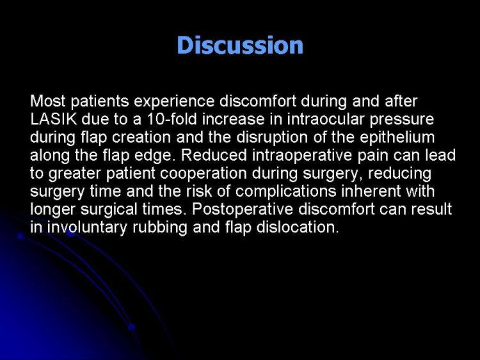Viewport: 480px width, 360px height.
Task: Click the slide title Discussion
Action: (x=240, y=45)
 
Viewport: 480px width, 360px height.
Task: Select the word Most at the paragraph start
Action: (x=48, y=101)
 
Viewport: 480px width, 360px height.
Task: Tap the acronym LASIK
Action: (x=54, y=119)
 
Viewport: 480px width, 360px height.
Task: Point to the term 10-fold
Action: (x=172, y=119)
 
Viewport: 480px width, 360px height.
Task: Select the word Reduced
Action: (x=214, y=155)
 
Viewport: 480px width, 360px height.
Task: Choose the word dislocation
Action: (x=298, y=227)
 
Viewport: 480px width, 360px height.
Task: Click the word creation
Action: (x=141, y=137)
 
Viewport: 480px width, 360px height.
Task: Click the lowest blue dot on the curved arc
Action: (x=132, y=327)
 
